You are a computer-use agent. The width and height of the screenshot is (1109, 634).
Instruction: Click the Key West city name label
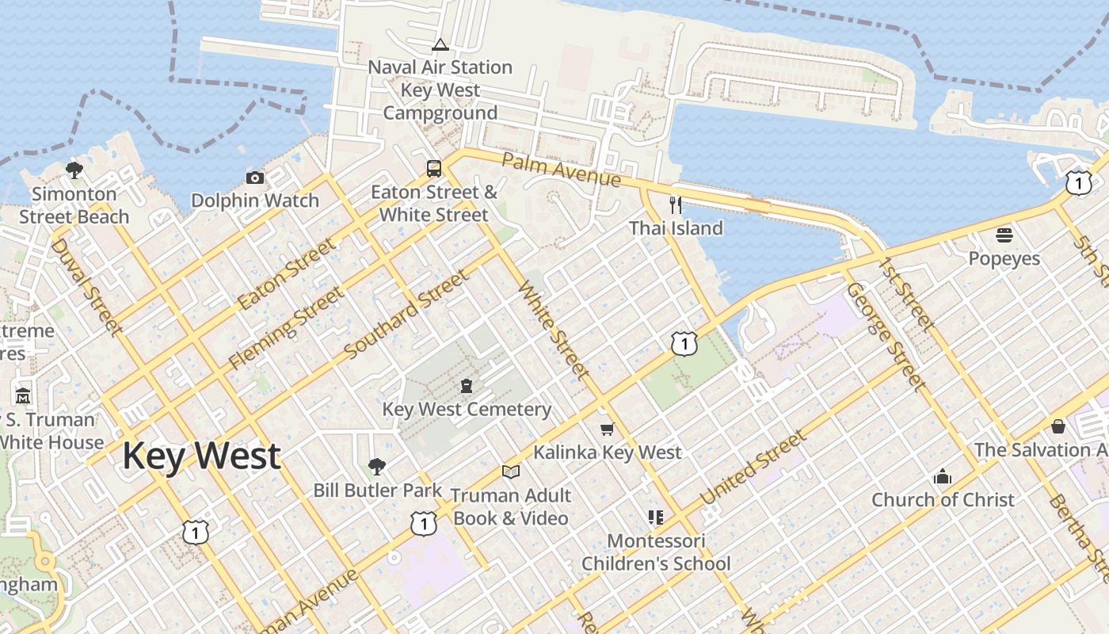click(201, 456)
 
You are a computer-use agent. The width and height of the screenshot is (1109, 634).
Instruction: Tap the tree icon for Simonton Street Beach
click(74, 170)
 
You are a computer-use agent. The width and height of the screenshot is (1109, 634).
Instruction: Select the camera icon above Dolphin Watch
click(254, 178)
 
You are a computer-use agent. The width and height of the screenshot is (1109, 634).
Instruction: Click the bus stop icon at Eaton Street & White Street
click(434, 168)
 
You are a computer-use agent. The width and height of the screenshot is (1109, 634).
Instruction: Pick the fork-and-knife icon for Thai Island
click(676, 205)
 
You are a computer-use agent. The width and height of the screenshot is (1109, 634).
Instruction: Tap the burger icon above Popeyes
click(1004, 235)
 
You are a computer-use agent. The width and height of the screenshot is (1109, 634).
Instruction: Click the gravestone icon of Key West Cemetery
click(467, 386)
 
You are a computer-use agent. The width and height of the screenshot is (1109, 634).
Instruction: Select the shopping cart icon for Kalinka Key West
click(607, 429)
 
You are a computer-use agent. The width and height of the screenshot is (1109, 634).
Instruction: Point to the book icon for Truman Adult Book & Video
click(511, 472)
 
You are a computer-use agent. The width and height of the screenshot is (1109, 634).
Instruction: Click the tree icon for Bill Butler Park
click(377, 467)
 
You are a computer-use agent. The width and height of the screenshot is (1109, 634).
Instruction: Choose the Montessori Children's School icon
click(655, 518)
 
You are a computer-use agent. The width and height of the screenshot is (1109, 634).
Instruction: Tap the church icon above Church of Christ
click(942, 476)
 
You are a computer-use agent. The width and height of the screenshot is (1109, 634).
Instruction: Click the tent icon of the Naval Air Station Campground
click(440, 44)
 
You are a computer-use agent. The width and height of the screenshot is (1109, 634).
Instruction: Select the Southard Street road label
click(406, 314)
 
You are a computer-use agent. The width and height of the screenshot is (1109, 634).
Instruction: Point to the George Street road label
click(886, 336)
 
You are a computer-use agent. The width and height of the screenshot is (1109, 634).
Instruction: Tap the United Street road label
click(753, 468)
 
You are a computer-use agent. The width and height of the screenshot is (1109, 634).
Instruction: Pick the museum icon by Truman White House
click(23, 395)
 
